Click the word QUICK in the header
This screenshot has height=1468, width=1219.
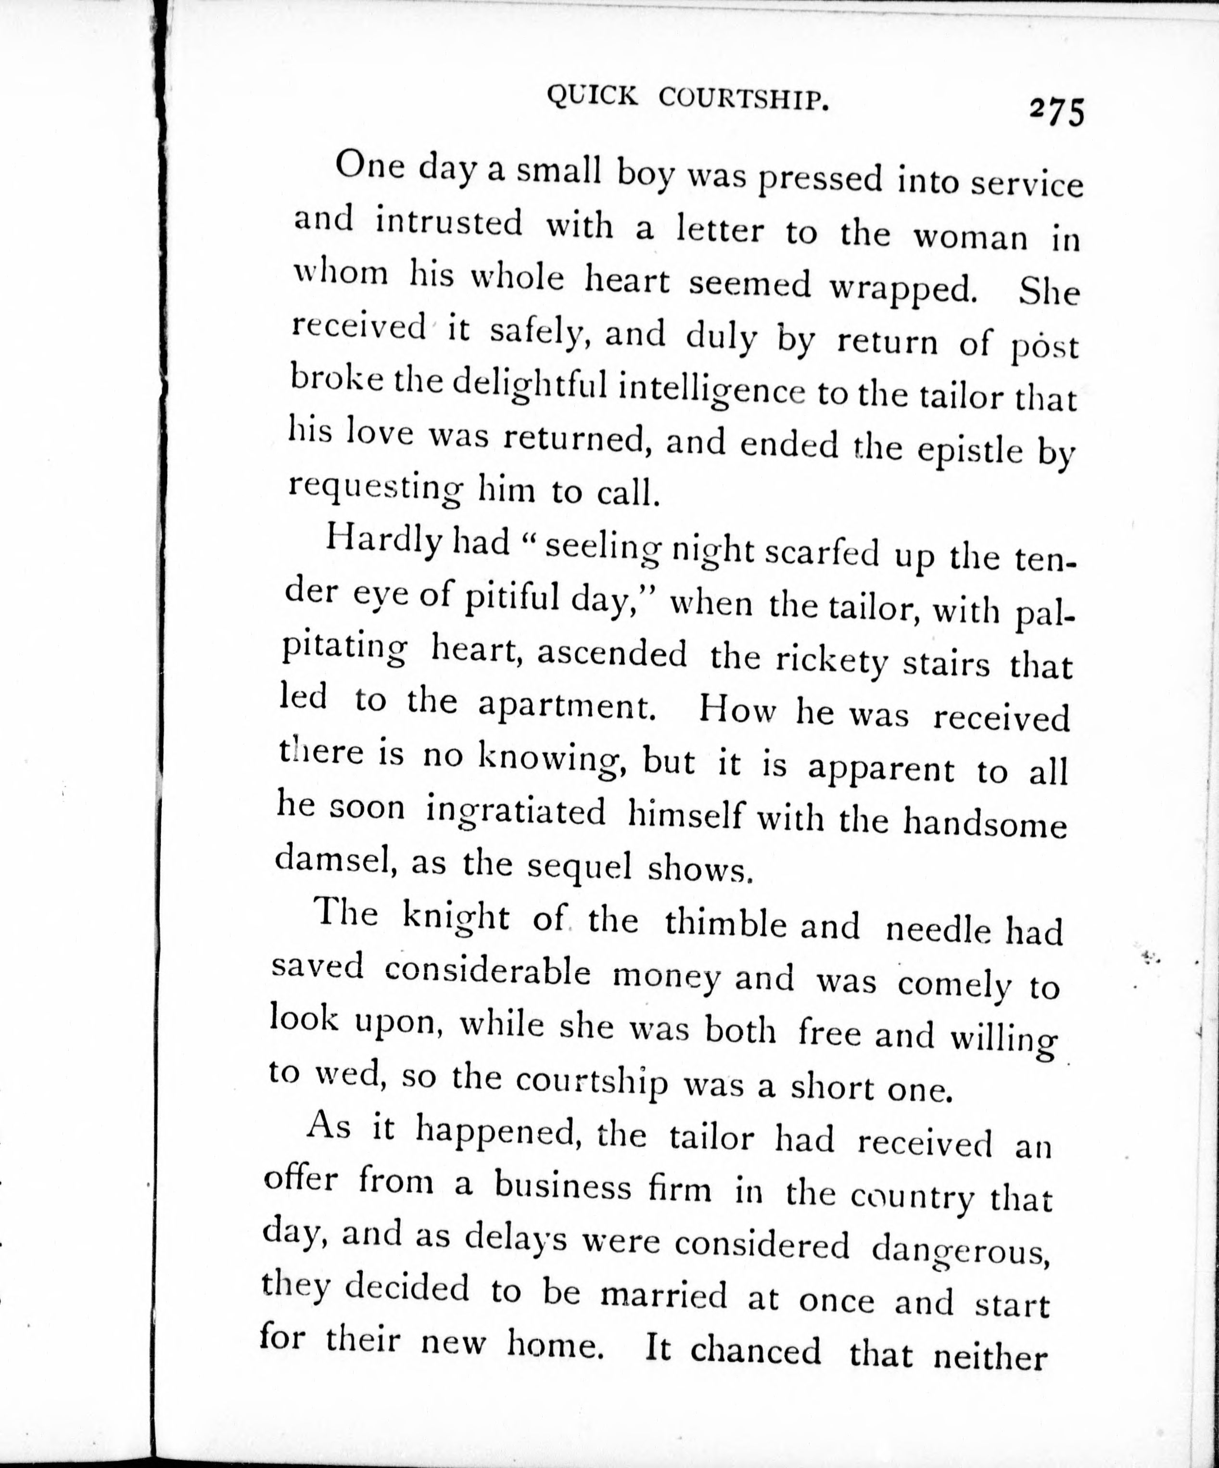coord(591,96)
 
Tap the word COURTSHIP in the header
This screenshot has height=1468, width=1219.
coord(744,101)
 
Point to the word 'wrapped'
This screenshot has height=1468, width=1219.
coord(902,289)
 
